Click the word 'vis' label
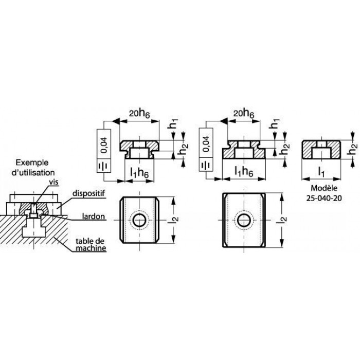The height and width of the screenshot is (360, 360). pos(53,182)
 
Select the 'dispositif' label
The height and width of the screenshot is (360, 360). pos(88,193)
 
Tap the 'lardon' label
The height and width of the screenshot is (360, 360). pos(94,217)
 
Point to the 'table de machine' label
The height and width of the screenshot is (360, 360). pos(91,244)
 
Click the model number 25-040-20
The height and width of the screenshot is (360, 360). pos(324,198)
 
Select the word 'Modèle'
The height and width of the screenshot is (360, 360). pos(324,188)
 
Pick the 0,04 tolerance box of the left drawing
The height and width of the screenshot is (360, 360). pos(104,143)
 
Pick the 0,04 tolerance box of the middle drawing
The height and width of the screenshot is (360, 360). pos(206,143)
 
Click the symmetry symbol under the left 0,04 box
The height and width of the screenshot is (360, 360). pos(104,166)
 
